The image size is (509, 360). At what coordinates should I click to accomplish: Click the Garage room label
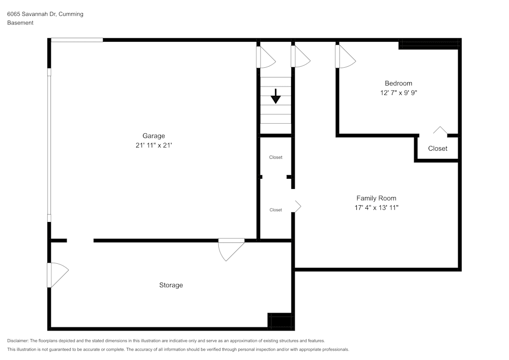click(x=153, y=136)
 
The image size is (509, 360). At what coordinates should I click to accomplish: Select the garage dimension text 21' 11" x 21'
click(x=153, y=146)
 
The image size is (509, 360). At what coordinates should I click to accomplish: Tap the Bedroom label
click(x=398, y=84)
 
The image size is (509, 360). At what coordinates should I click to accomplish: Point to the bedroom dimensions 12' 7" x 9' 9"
click(x=398, y=93)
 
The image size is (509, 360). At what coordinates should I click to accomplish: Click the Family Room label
click(x=376, y=198)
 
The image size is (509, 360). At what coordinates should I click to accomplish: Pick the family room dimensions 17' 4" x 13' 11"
click(x=376, y=208)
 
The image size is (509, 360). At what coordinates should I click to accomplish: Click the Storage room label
click(x=171, y=285)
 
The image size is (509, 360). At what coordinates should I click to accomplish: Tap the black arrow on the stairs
click(x=275, y=96)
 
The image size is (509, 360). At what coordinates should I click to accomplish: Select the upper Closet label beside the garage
click(x=275, y=157)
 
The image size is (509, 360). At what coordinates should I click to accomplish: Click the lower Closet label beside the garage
click(x=275, y=210)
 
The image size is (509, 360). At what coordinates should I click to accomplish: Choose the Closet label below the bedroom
click(x=437, y=149)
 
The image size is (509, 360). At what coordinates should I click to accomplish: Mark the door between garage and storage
click(x=230, y=249)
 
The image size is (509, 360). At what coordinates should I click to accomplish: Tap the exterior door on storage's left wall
click(x=56, y=274)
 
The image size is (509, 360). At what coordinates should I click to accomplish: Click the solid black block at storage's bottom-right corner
click(x=280, y=321)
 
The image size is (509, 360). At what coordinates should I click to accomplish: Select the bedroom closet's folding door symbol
click(x=440, y=131)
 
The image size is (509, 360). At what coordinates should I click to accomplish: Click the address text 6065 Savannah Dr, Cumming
click(x=45, y=14)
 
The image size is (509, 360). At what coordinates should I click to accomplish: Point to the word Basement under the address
click(x=20, y=23)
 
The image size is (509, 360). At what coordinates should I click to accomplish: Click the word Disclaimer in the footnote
click(x=18, y=341)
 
